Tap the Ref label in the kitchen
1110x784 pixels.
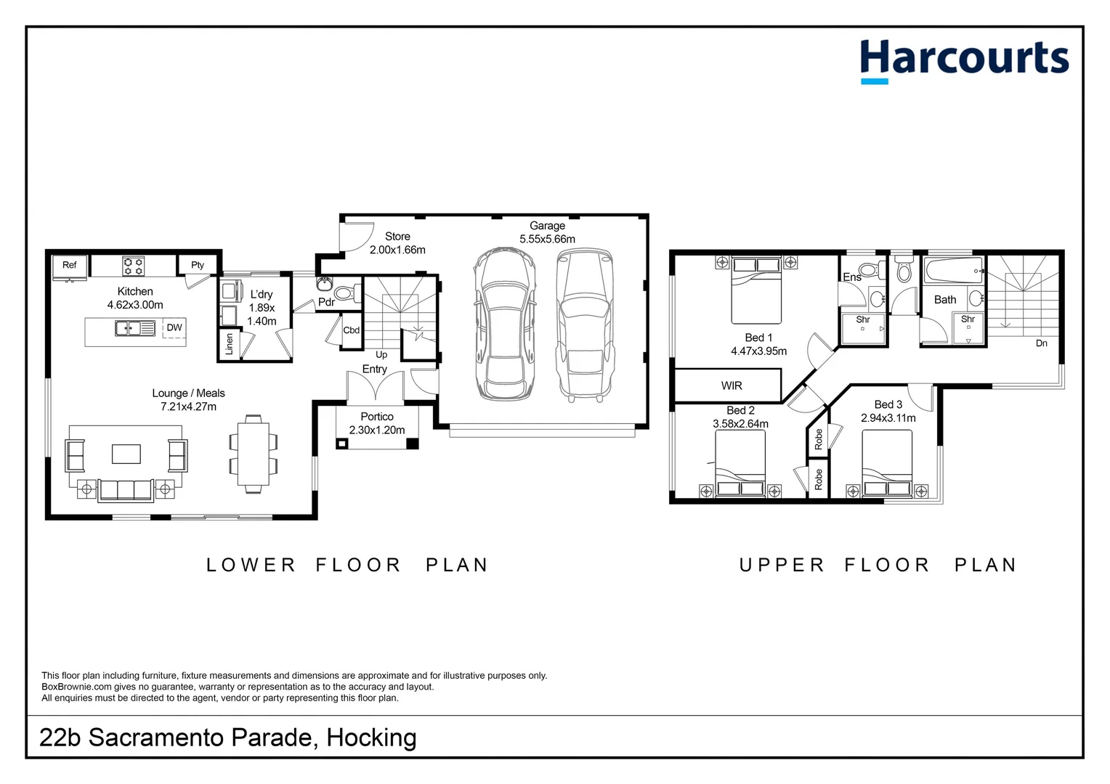click(x=69, y=265)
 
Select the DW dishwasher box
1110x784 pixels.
click(x=174, y=328)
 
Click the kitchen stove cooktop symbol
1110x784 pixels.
click(x=133, y=266)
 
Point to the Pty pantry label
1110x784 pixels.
click(x=198, y=265)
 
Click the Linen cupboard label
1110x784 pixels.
click(x=230, y=344)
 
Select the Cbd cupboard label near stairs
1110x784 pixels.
click(x=352, y=330)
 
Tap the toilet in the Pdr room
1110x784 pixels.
click(x=346, y=293)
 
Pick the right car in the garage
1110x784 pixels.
click(x=585, y=324)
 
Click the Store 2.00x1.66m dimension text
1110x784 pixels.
click(x=397, y=250)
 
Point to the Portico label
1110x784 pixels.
click(x=377, y=417)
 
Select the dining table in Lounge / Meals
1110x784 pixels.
click(x=253, y=454)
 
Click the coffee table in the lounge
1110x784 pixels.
click(x=126, y=454)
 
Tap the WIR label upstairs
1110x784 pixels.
click(x=732, y=385)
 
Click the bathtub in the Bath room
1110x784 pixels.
click(x=953, y=271)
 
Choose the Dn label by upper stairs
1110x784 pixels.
click(x=1041, y=343)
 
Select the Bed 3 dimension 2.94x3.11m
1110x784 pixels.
click(x=888, y=418)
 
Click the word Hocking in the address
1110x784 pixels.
click(x=371, y=738)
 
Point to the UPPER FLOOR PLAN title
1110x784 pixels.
click(x=878, y=565)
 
